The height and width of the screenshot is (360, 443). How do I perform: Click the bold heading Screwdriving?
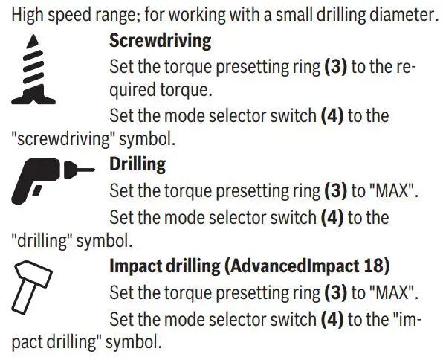pos(160,39)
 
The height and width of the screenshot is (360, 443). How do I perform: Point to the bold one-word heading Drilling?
pos(138,163)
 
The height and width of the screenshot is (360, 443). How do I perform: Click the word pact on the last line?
pos(27,344)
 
